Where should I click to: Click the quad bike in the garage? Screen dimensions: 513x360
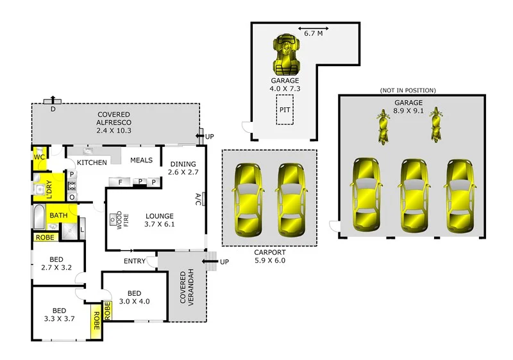click(287, 54)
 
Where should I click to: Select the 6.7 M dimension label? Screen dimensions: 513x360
click(313, 33)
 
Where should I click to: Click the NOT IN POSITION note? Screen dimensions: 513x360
click(408, 90)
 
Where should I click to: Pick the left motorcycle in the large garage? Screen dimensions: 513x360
click(383, 126)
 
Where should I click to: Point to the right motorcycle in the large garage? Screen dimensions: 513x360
click(435, 124)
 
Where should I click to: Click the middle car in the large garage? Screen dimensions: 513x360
click(413, 196)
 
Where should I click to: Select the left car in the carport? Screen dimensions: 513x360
click(248, 200)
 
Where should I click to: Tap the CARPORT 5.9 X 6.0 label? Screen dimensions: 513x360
click(270, 257)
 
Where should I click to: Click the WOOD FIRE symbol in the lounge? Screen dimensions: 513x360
click(115, 220)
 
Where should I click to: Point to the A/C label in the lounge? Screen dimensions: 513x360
click(198, 200)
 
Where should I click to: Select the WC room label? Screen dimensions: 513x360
click(39, 157)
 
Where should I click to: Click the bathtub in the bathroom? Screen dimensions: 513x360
click(40, 217)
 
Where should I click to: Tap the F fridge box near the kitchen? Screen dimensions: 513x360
click(120, 182)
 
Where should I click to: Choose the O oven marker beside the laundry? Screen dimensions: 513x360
click(72, 197)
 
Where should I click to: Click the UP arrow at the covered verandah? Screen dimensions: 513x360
click(210, 261)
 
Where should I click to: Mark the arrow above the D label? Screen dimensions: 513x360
click(53, 100)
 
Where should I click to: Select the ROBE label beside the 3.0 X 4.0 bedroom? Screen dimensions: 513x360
click(107, 311)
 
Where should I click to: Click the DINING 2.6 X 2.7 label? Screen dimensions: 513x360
click(183, 168)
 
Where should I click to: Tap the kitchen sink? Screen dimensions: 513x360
click(88, 151)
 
